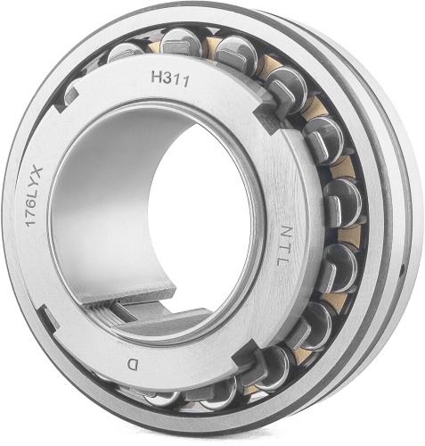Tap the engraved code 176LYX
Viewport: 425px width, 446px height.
(35, 197)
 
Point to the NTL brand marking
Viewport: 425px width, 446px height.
(282, 246)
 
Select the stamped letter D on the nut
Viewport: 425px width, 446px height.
(132, 365)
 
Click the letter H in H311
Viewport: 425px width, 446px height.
(156, 77)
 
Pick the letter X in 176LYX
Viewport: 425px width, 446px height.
(38, 172)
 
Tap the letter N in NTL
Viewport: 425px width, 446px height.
(284, 232)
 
